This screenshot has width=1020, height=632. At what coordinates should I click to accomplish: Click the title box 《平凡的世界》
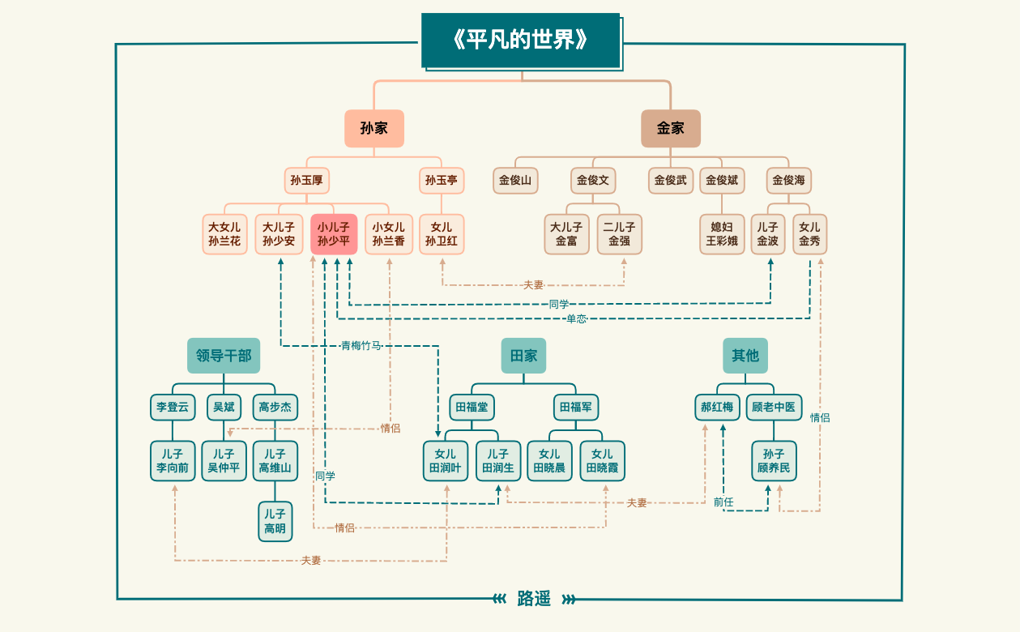[x=520, y=41]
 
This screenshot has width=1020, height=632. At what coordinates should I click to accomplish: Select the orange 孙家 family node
[x=373, y=128]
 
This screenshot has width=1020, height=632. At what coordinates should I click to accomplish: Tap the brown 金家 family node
[x=670, y=128]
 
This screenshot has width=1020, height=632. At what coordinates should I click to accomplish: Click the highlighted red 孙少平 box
[x=333, y=234]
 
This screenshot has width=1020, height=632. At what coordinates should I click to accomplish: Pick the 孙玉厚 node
[x=306, y=180]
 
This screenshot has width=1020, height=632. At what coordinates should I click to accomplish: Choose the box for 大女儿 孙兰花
[x=224, y=234]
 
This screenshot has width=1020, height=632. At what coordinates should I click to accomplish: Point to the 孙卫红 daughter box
[x=442, y=234]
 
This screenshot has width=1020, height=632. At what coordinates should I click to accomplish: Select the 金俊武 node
[x=670, y=180]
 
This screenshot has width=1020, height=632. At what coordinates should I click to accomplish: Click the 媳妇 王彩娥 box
[x=722, y=234]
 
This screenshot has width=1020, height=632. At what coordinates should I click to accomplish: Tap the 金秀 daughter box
[x=809, y=234]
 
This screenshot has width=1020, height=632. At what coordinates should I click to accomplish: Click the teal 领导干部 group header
[x=224, y=356]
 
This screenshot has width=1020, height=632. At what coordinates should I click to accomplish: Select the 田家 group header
[x=523, y=356]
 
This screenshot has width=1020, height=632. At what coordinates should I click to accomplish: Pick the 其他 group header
[x=745, y=356]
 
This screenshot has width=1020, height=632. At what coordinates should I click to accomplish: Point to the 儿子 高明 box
[x=275, y=521]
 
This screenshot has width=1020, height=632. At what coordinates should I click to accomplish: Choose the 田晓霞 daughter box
[x=602, y=461]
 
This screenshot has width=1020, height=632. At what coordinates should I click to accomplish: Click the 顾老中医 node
[x=774, y=407]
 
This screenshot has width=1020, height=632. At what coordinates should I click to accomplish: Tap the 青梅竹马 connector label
[x=361, y=346]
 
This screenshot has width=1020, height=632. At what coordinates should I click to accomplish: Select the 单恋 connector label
[x=576, y=318]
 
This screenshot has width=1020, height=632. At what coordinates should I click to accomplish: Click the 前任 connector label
[x=723, y=502]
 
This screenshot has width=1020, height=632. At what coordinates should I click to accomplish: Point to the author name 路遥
[x=534, y=599]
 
